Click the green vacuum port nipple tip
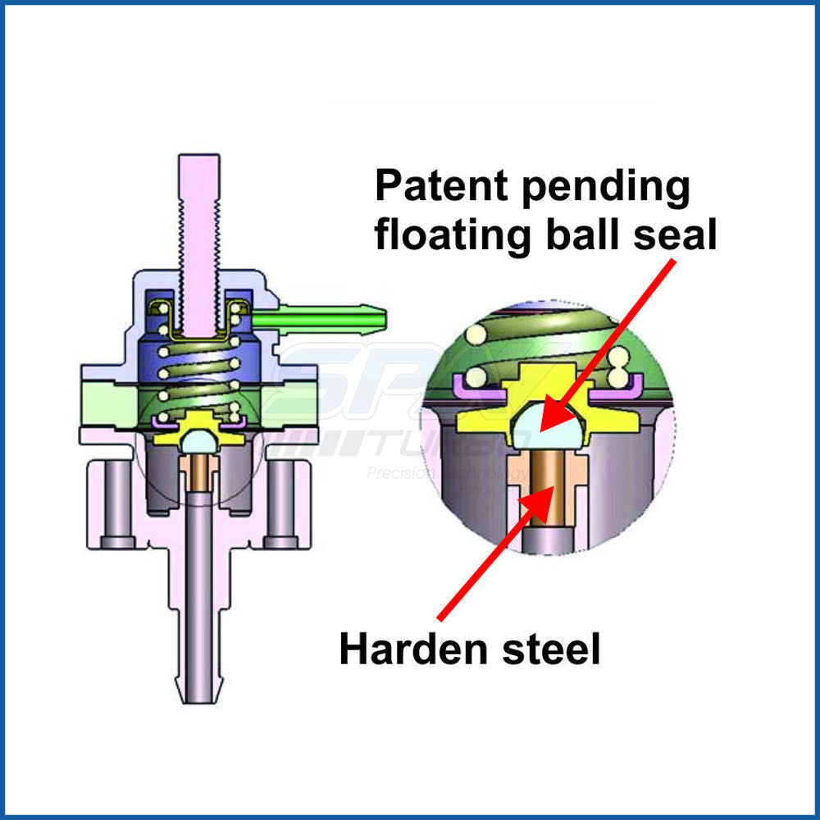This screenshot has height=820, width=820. (378, 314)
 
